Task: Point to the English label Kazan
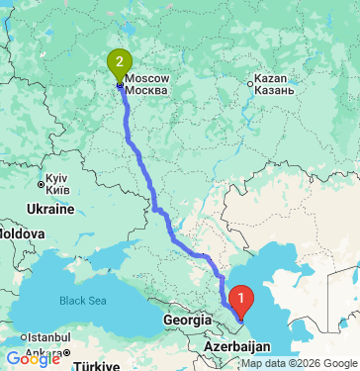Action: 271,77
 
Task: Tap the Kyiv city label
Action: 55,174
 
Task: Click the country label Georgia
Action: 188,321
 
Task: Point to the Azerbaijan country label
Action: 238,348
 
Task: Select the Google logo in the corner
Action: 33,359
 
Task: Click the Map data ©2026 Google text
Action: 298,363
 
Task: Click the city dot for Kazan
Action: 249,84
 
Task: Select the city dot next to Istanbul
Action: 26,338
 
